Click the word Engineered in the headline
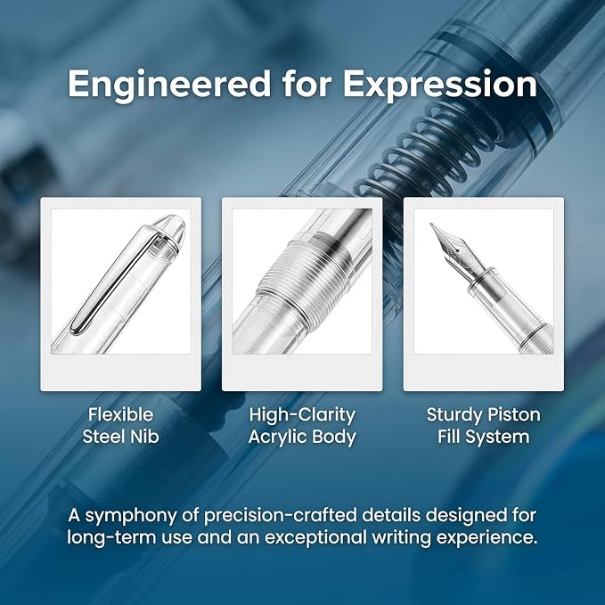tap(169, 85)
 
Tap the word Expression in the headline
tap(440, 85)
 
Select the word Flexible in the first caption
tap(121, 415)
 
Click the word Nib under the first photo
tap(144, 437)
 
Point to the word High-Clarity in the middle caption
tap(302, 415)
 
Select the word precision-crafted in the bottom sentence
tap(281, 516)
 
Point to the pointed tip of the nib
tap(431, 224)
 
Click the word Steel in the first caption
tap(103, 437)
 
